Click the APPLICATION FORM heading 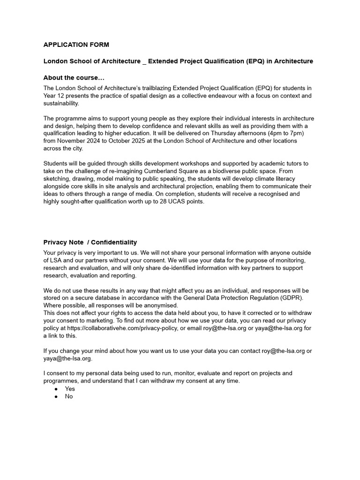click(76, 45)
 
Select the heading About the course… click(74, 78)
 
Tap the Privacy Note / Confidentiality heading click(90, 242)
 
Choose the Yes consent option click(70, 389)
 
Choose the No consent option click(69, 396)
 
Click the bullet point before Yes click(56, 389)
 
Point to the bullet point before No click(56, 396)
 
